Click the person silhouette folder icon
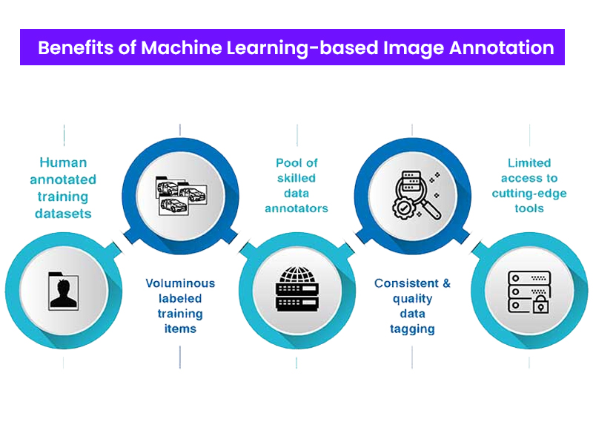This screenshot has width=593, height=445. click(63, 291)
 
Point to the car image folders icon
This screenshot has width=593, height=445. click(180, 195)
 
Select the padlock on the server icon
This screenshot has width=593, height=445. click(539, 304)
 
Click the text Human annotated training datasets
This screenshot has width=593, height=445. click(63, 188)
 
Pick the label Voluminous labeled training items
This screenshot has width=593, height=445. click(180, 306)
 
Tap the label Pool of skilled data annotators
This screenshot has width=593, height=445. click(296, 185)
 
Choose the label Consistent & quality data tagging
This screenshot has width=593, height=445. click(412, 306)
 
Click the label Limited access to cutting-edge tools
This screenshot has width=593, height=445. click(529, 185)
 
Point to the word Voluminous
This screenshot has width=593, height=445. click(180, 283)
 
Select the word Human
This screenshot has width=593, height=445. click(63, 162)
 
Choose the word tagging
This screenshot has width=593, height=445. click(412, 329)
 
